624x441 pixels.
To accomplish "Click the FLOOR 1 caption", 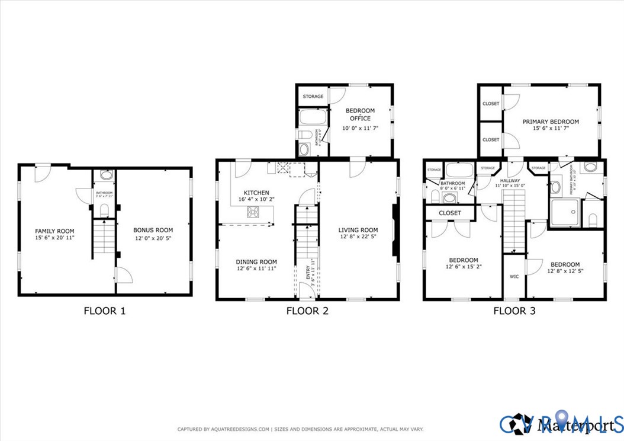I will click(x=105, y=310).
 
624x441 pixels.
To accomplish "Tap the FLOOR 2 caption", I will click(x=307, y=310).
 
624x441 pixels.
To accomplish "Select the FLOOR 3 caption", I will click(x=514, y=310).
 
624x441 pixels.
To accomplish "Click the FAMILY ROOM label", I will click(x=53, y=231).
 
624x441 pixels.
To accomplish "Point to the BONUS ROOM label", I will click(x=153, y=230).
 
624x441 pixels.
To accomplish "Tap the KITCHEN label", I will click(x=256, y=193).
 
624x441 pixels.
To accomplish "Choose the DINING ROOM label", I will click(x=256, y=261).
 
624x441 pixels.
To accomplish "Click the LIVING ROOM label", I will click(x=358, y=230).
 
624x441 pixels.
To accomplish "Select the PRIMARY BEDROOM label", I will click(x=551, y=122).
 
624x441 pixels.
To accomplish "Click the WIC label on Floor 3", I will click(x=514, y=276).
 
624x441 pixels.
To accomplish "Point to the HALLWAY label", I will click(x=510, y=181).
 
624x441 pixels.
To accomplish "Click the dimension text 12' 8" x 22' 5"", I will click(x=358, y=237).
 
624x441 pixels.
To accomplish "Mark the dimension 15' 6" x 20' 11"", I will click(x=53, y=238).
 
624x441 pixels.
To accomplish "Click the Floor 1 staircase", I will click(x=104, y=237).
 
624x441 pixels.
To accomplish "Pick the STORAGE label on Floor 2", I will click(x=313, y=96).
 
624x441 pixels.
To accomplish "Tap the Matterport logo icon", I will click(x=522, y=424).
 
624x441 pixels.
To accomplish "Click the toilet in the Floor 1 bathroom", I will click(x=104, y=210).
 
